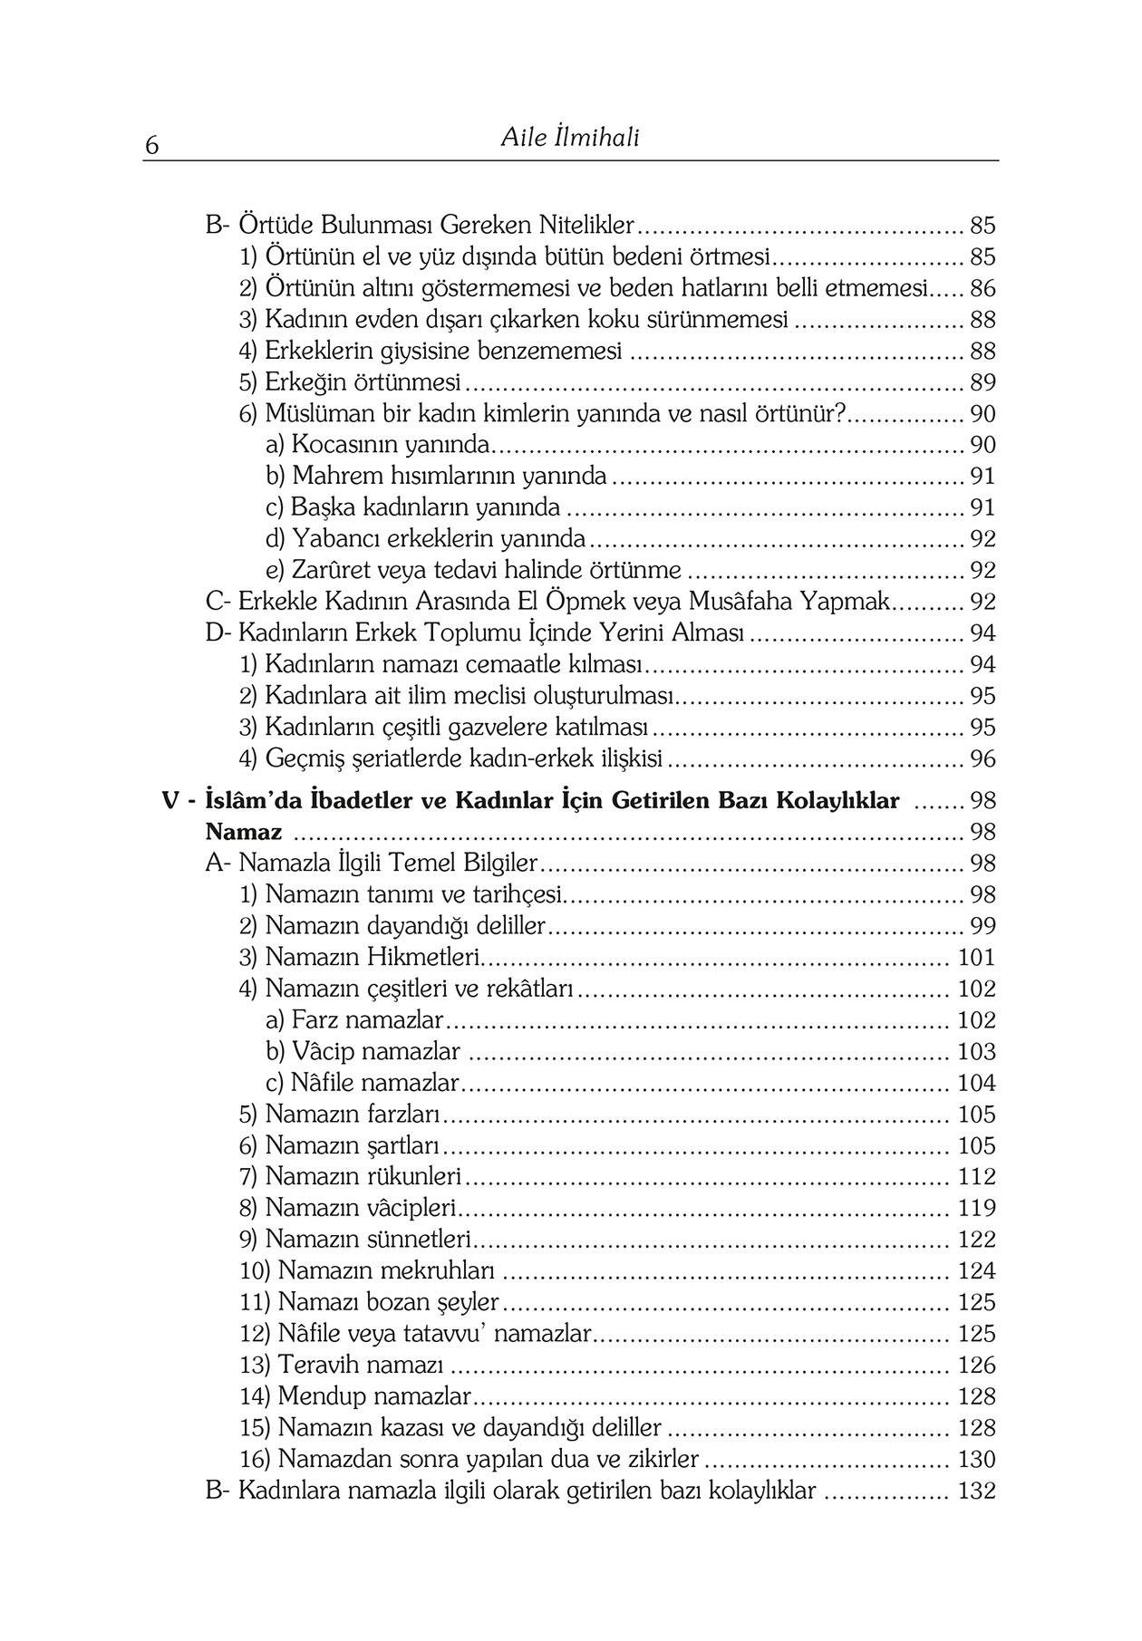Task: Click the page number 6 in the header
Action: point(152,146)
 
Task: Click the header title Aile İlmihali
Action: point(570,138)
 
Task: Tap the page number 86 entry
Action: point(982,289)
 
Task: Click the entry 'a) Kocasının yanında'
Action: point(378,445)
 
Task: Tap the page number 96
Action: point(982,758)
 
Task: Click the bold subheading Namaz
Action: point(243,832)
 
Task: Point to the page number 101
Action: point(976,958)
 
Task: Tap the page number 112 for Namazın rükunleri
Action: point(976,1177)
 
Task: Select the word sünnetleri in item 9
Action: point(418,1240)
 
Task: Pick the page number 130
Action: point(976,1459)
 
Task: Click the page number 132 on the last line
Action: point(976,1491)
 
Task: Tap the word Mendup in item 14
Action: point(322,1396)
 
